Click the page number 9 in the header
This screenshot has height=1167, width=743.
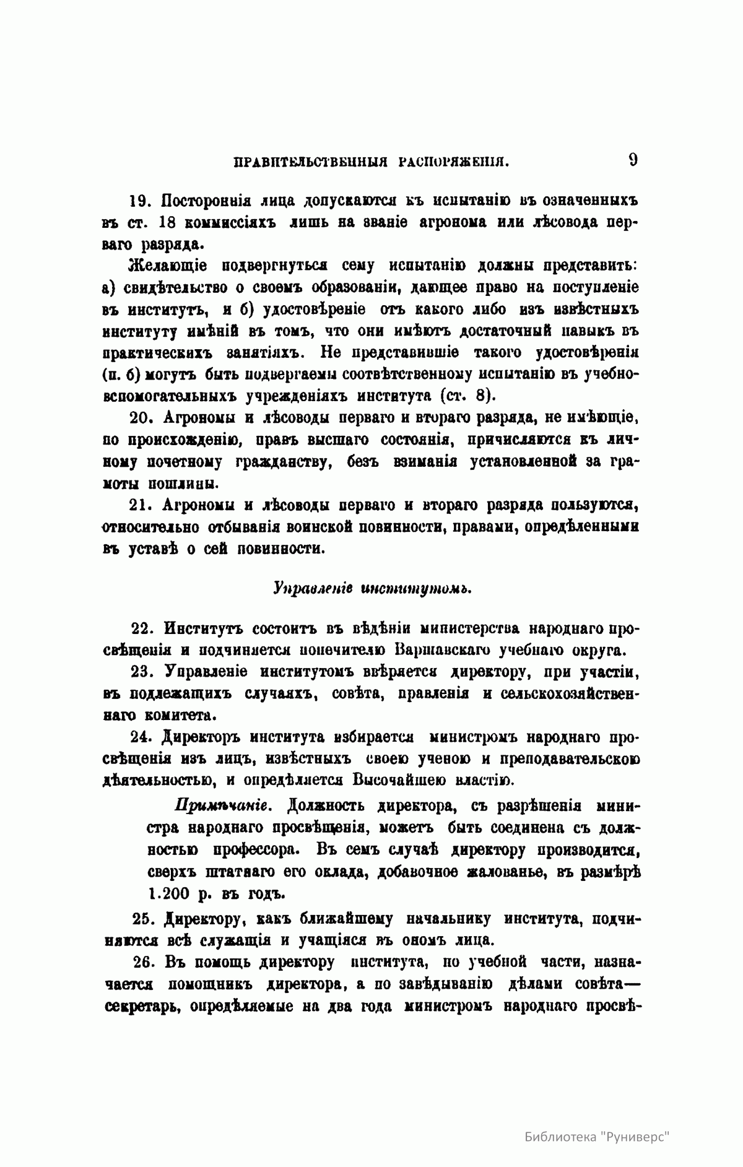click(633, 160)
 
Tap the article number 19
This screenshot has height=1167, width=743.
click(140, 201)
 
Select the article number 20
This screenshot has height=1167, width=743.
click(141, 419)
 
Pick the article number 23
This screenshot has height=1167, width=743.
click(142, 672)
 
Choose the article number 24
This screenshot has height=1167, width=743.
click(142, 737)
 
